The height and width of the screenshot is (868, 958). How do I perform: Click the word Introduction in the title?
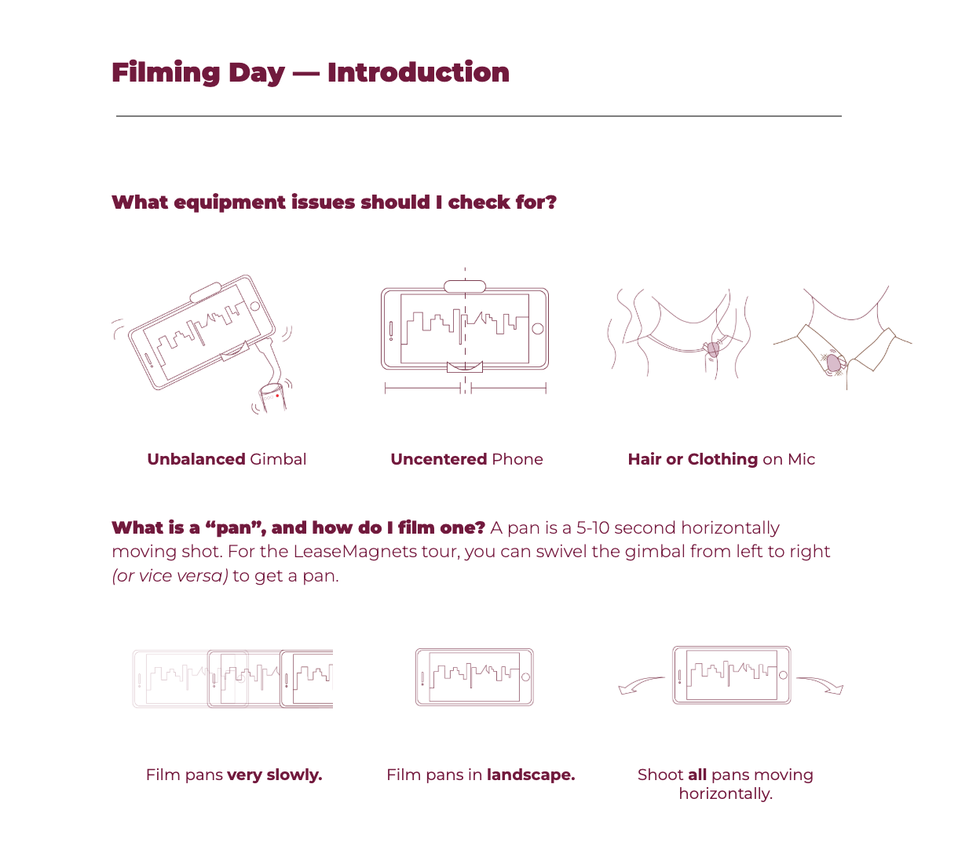click(419, 72)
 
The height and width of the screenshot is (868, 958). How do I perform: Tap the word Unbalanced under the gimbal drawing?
click(196, 459)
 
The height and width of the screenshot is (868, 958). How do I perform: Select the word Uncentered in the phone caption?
click(439, 459)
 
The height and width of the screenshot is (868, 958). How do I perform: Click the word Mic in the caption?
click(801, 459)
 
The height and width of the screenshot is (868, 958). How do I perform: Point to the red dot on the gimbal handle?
click(277, 396)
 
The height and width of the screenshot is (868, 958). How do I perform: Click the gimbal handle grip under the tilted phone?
click(272, 397)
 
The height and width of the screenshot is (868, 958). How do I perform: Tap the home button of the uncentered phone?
click(538, 329)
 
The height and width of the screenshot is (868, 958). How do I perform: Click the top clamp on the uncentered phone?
click(465, 286)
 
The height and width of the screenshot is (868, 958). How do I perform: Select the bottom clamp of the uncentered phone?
click(465, 367)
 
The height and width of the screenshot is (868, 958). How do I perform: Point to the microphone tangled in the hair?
click(712, 349)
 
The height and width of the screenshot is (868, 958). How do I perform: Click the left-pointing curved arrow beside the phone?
click(641, 684)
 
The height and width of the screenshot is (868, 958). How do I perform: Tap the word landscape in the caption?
click(531, 775)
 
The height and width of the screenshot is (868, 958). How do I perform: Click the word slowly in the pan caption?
click(294, 775)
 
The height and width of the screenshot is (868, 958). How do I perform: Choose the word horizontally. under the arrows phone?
click(726, 794)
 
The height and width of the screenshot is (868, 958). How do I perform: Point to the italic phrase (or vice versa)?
click(170, 576)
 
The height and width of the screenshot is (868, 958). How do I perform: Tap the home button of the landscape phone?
click(526, 677)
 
